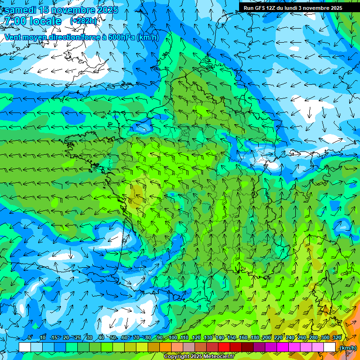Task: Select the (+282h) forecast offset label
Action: pos(83,21)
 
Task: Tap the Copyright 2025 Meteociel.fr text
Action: pos(199,357)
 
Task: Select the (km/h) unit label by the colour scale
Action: pos(348,348)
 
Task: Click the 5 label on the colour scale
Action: pos(30,338)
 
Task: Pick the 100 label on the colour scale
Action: pos(173,338)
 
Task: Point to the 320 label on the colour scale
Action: pos(336,338)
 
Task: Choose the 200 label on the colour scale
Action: pos(267,338)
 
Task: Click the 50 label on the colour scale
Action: pos(113,338)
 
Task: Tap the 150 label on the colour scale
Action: pos(232,338)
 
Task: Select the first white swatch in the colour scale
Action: pos(25,347)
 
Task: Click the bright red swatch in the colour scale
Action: pos(224,347)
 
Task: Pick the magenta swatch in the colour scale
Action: pos(283,347)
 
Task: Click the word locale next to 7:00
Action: pos(45,21)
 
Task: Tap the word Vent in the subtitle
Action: pos(13,37)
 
